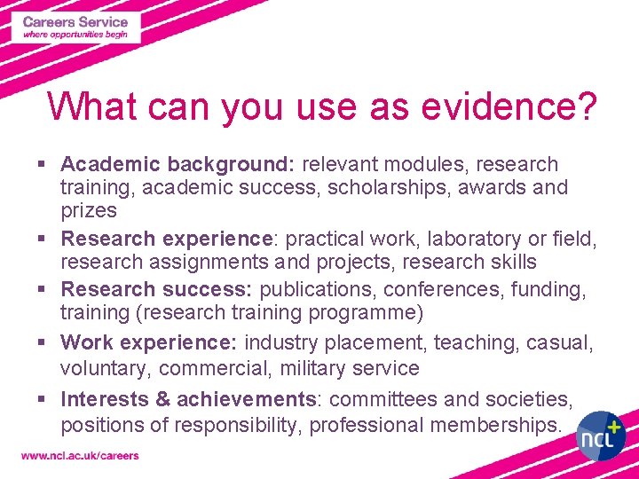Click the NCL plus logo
(x=601, y=435)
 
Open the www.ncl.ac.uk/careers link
(x=80, y=456)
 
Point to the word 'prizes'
(x=89, y=210)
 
